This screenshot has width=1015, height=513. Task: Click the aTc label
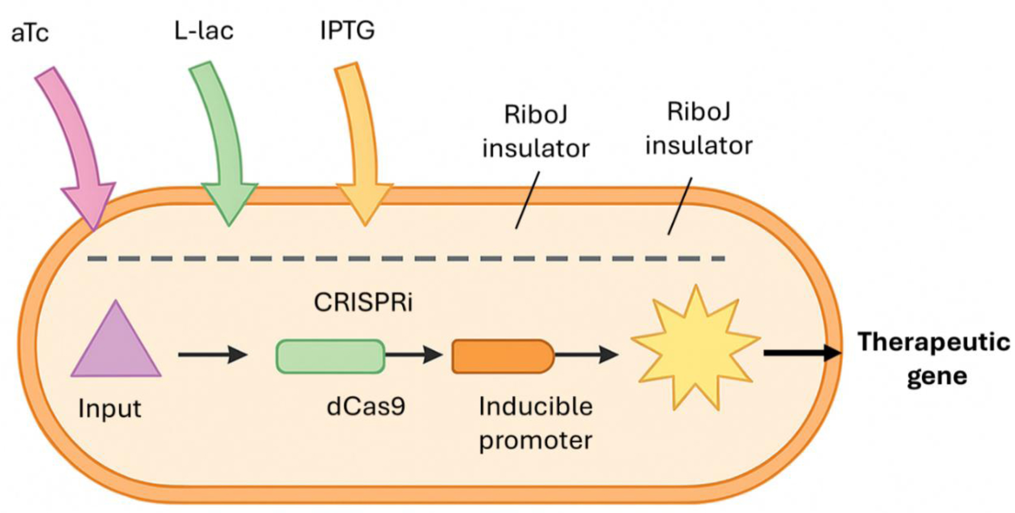tap(30, 33)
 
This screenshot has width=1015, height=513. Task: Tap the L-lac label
tap(204, 30)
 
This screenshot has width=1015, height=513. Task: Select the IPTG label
tap(347, 30)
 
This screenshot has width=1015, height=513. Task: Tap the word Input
tap(110, 409)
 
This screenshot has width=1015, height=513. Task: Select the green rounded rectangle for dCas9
tap(330, 356)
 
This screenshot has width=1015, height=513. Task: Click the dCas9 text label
tap(366, 406)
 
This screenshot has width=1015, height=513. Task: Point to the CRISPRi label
tap(363, 303)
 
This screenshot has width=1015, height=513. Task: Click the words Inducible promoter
tap(535, 424)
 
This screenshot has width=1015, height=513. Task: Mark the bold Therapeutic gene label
tap(933, 359)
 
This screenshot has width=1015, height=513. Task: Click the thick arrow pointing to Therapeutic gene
tap(802, 353)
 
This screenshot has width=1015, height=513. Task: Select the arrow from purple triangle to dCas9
tap(212, 355)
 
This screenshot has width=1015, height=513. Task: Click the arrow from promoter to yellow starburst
tap(586, 355)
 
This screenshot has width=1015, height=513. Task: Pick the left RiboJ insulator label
tap(535, 131)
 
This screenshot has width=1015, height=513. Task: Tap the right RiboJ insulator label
tap(698, 129)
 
